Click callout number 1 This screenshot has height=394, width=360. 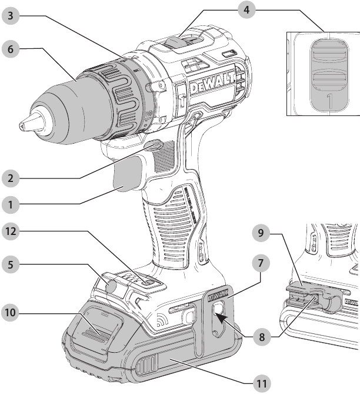coord(10,205)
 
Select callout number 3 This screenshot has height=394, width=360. coord(10,16)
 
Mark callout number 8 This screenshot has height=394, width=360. coord(259,339)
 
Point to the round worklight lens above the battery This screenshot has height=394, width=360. coord(110,286)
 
